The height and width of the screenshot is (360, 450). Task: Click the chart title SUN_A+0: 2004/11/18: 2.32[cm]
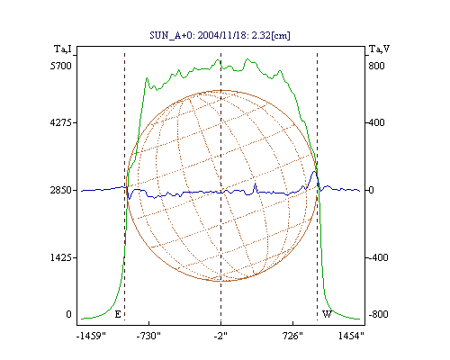[220, 35]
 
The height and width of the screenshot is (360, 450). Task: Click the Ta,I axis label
[63, 49]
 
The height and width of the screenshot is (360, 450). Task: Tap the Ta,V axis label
[379, 49]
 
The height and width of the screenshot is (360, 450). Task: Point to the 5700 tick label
[61, 66]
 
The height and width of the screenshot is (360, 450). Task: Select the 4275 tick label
[61, 122]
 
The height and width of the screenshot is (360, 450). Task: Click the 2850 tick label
[61, 190]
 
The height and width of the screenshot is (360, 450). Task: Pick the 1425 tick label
[61, 257]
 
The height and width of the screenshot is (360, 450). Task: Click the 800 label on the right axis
[376, 66]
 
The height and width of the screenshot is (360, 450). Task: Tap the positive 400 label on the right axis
[376, 122]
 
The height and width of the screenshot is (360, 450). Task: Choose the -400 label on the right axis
[378, 257]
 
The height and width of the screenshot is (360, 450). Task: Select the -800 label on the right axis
[378, 314]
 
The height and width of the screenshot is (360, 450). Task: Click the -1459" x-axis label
[91, 336]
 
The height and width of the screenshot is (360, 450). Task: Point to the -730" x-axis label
[148, 336]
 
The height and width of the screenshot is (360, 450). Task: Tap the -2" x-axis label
[220, 336]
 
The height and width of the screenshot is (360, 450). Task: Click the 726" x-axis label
[292, 336]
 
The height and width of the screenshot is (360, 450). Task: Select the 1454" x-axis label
[351, 336]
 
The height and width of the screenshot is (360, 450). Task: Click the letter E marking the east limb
[118, 314]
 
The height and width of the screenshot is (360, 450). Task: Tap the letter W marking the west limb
[327, 314]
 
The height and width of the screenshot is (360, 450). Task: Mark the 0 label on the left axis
[69, 314]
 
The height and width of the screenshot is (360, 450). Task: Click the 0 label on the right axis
[371, 190]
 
